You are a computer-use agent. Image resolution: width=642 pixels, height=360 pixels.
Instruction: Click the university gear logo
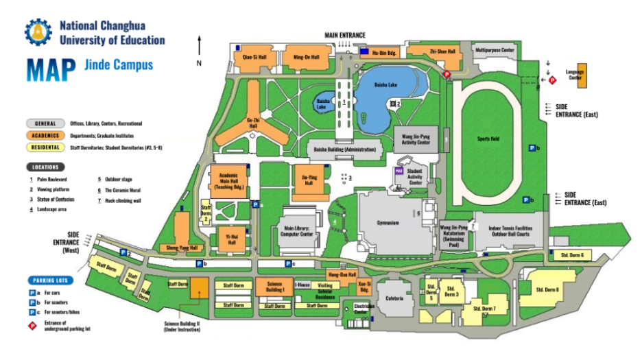(38, 32)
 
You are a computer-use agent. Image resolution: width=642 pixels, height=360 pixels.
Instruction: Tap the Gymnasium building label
(388, 223)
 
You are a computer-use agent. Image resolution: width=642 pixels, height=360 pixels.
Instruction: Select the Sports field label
(488, 139)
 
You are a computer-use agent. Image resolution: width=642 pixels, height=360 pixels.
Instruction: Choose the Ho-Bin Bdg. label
(385, 52)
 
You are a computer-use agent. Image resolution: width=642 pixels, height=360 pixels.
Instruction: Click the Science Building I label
(275, 287)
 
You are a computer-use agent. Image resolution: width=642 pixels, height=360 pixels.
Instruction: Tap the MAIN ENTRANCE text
(345, 35)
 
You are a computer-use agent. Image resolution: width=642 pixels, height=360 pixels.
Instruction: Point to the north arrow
(199, 48)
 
